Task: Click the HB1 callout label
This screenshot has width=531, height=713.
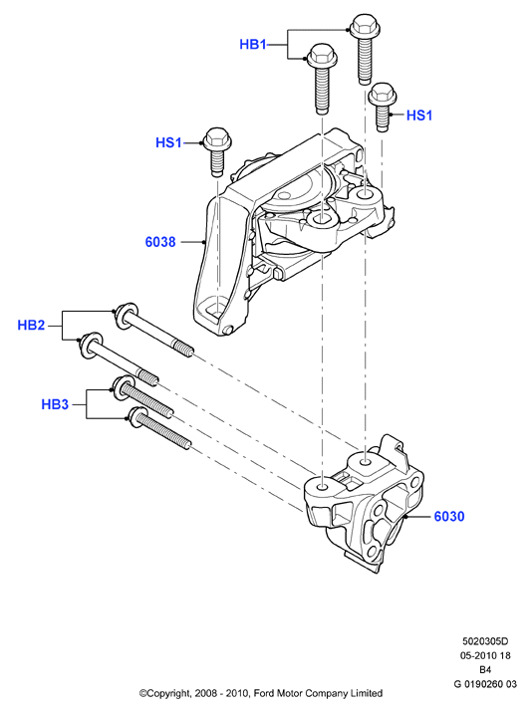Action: click(x=252, y=44)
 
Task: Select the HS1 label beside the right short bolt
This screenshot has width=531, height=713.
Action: click(x=419, y=116)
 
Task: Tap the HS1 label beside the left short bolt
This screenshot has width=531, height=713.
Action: click(x=168, y=142)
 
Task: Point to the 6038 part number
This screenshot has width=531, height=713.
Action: click(x=160, y=242)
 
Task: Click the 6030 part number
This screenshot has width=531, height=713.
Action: click(x=449, y=516)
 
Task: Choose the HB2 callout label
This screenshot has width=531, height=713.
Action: click(x=31, y=325)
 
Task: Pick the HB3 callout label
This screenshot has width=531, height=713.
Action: click(x=55, y=403)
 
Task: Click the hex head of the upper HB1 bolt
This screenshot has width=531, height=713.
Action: click(x=365, y=26)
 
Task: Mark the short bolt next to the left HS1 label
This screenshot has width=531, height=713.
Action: click(x=217, y=151)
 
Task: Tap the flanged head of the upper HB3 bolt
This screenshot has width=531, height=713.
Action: click(x=122, y=388)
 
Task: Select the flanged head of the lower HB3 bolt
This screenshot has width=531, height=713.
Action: click(x=136, y=417)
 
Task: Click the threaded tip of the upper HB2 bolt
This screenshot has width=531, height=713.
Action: click(x=185, y=349)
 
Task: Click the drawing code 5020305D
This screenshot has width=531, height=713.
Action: click(x=485, y=641)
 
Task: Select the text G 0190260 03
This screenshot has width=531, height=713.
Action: click(x=485, y=684)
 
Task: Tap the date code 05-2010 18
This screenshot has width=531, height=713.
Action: click(x=485, y=655)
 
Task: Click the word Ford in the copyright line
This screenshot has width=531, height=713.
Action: click(x=263, y=693)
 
